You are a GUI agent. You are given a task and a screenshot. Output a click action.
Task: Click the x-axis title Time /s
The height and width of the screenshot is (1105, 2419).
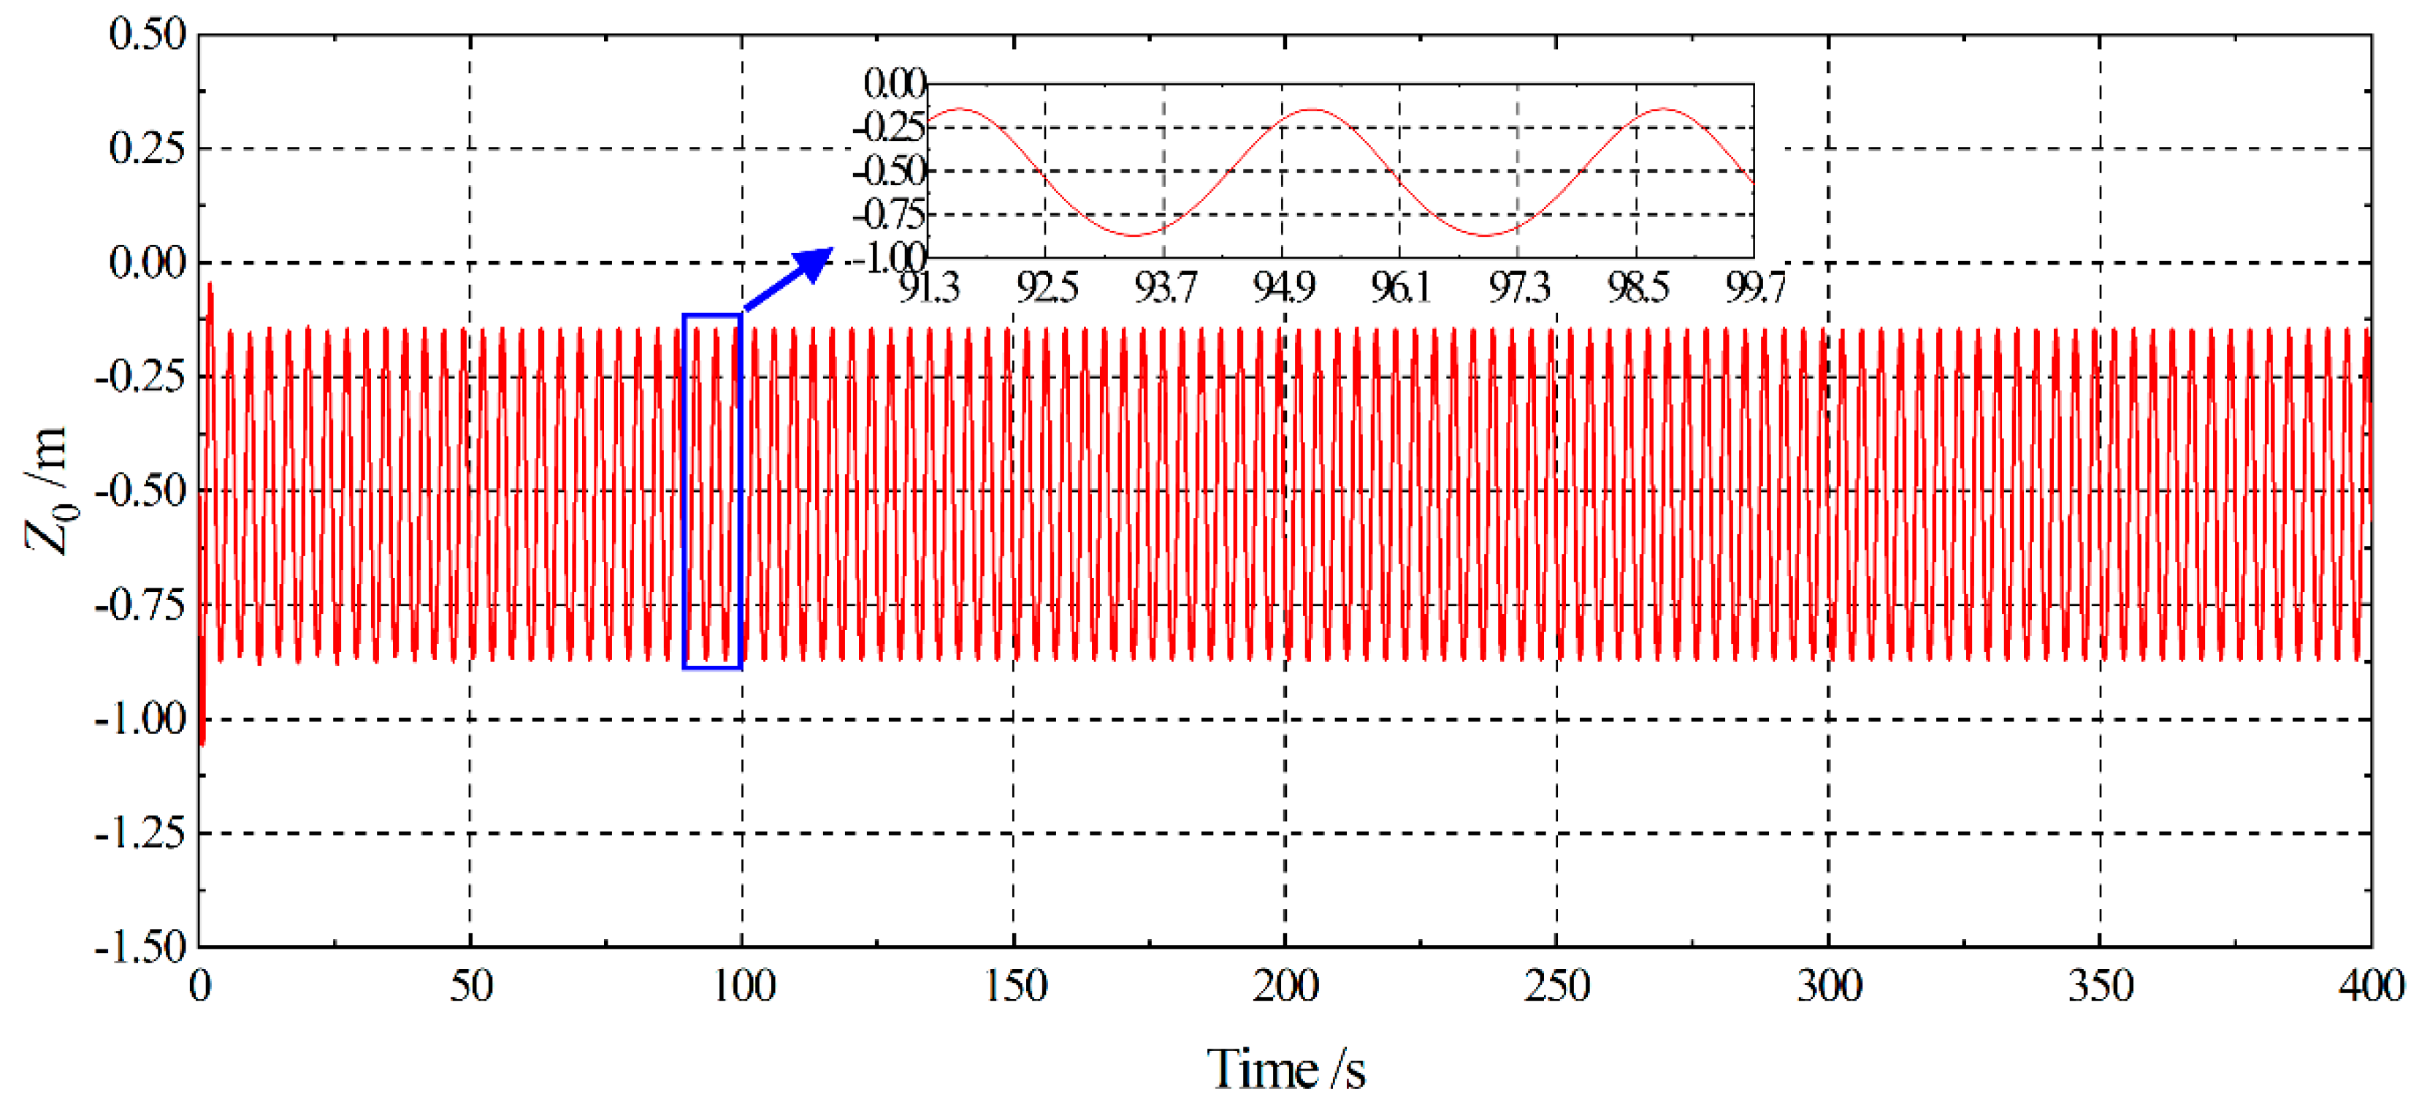(1285, 1069)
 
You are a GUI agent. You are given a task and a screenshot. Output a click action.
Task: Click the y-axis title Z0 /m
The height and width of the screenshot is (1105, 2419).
(47, 490)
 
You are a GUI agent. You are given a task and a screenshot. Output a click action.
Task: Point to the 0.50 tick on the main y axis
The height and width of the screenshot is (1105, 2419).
(148, 35)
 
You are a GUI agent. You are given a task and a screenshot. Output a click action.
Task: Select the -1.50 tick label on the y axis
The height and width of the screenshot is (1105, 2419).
(141, 946)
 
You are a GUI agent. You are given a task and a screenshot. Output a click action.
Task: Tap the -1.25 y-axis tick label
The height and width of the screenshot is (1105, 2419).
(141, 832)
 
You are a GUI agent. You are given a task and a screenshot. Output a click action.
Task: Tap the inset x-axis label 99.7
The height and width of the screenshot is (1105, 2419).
(1754, 287)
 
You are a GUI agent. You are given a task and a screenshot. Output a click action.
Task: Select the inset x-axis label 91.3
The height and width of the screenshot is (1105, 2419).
(929, 287)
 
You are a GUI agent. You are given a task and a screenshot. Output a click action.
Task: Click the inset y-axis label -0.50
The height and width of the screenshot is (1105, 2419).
(890, 171)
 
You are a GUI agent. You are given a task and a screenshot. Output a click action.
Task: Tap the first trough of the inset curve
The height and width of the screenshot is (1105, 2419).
(1134, 235)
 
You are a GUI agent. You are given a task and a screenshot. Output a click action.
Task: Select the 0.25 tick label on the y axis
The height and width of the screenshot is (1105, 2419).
(148, 148)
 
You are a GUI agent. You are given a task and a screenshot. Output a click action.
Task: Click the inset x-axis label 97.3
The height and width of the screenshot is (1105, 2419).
(1518, 287)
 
